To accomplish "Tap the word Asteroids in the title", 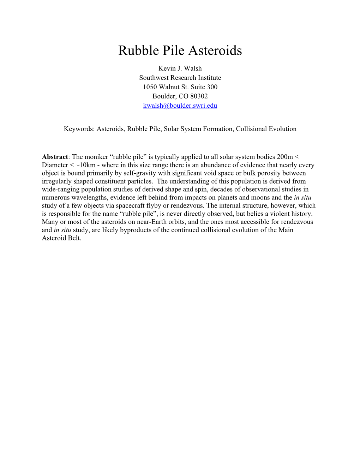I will pos(215,51).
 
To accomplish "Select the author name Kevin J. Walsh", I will pos(180,68).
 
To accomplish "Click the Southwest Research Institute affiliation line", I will pos(180,78).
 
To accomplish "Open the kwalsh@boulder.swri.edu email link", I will pos(180,106).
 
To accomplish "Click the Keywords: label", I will pos(79,129).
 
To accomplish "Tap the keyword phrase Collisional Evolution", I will pos(266,129).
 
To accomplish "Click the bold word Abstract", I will pos(55,157).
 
